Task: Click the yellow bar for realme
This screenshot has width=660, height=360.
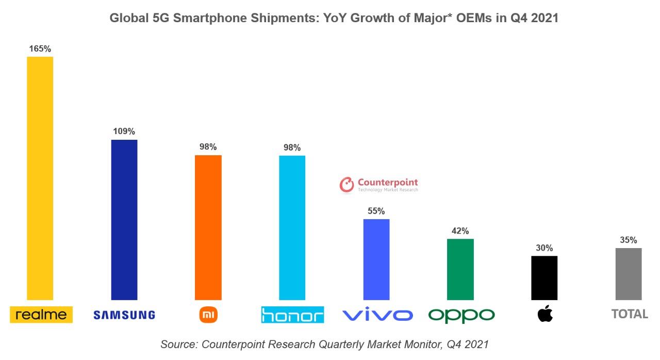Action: [x=40, y=178]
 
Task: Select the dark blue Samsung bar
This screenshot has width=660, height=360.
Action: [x=124, y=219]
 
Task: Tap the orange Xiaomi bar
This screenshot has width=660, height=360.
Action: [x=208, y=227]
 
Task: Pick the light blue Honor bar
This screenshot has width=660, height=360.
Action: [x=292, y=227]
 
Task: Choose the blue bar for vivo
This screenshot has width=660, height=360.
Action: [x=376, y=259]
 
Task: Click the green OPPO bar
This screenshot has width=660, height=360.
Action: [x=460, y=269]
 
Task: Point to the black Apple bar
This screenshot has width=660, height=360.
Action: [x=544, y=277]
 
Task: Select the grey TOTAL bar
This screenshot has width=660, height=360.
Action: [x=629, y=273]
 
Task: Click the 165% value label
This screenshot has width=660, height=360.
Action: [x=40, y=49]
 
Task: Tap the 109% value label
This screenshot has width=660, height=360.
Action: [x=124, y=132]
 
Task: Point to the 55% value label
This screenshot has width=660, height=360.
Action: [x=376, y=211]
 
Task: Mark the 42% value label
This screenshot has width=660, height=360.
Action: [x=460, y=231]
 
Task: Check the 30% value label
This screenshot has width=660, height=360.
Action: [x=544, y=248]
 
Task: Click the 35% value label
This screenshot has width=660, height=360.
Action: [x=629, y=240]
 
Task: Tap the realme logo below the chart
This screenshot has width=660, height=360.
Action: [x=41, y=314]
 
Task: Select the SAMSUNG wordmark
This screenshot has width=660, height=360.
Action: [x=124, y=315]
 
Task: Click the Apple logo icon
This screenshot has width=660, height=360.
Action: [x=545, y=313]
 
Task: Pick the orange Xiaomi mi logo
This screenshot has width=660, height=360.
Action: [x=208, y=314]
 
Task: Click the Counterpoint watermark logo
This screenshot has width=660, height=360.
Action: [x=379, y=184]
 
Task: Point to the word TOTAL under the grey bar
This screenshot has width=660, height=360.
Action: [x=630, y=314]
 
